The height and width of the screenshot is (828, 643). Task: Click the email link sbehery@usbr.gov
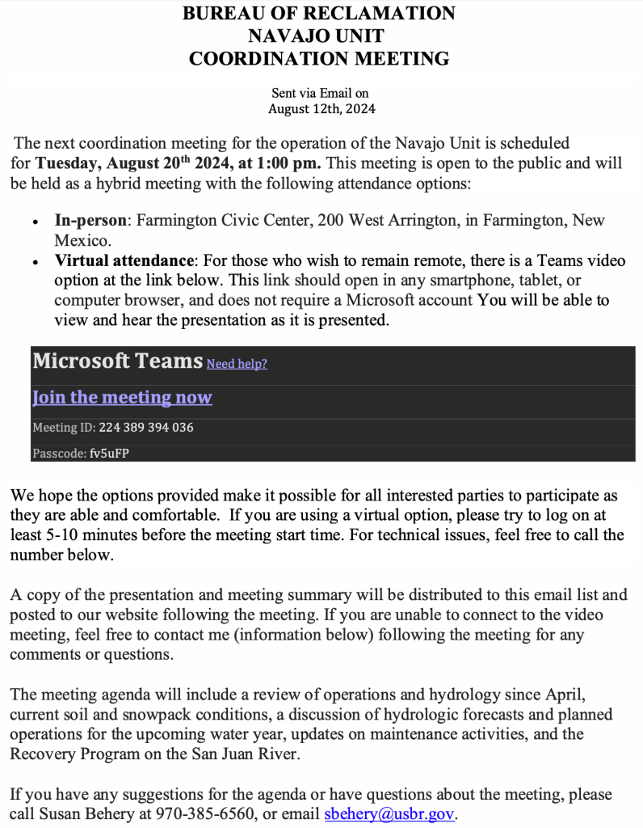pyautogui.click(x=390, y=814)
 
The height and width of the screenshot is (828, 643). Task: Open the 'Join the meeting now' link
pyautogui.click(x=122, y=398)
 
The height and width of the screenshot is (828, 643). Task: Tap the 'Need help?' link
pyautogui.click(x=237, y=364)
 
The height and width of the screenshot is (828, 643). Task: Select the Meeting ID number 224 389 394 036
pyautogui.click(x=146, y=427)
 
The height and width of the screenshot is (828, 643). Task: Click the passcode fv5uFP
pyautogui.click(x=109, y=454)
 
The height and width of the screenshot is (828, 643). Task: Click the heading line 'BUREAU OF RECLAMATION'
pyautogui.click(x=318, y=13)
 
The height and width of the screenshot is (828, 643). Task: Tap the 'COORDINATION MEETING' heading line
pyautogui.click(x=318, y=58)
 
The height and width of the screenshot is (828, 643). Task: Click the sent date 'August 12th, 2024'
pyautogui.click(x=321, y=108)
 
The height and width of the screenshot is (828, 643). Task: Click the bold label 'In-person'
pyautogui.click(x=90, y=220)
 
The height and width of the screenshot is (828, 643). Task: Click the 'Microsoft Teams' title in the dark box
pyautogui.click(x=116, y=361)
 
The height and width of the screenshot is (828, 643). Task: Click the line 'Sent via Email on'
pyautogui.click(x=320, y=94)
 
